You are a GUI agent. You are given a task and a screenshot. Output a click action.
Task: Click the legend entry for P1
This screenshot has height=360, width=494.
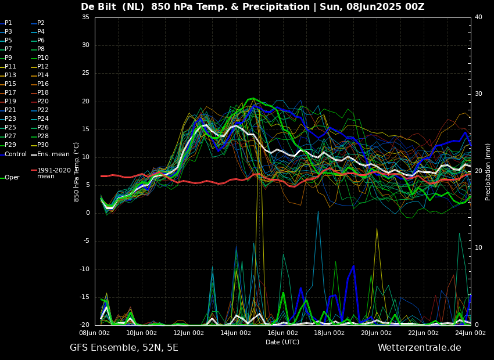tap(8, 23)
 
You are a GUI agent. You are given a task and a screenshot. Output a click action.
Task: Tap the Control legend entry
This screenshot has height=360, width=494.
tap(15, 154)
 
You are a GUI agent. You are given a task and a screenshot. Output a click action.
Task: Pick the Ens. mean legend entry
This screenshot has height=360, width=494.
tap(53, 154)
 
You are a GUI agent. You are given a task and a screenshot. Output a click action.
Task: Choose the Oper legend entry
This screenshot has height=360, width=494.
tap(12, 178)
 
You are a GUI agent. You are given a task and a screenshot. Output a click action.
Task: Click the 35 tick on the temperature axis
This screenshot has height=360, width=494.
tap(85, 17)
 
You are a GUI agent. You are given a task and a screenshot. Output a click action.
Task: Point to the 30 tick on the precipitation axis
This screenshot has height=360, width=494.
tap(478, 94)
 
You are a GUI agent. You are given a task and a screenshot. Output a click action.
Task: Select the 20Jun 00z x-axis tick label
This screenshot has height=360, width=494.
tap(376, 333)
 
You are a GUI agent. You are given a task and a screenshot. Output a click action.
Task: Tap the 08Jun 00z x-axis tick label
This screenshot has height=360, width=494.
tap(95, 333)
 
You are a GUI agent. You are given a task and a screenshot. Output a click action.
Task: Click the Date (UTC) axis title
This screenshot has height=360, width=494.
tap(282, 342)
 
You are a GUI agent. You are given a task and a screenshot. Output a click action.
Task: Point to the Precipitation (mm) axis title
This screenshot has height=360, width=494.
tap(488, 171)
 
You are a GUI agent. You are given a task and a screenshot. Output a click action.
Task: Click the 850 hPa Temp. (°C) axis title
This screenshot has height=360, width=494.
tap(77, 171)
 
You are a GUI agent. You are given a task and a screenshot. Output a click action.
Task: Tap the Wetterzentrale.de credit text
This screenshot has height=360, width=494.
tap(419, 348)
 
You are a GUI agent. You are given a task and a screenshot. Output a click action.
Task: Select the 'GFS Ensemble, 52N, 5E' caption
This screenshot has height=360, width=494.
tap(124, 348)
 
